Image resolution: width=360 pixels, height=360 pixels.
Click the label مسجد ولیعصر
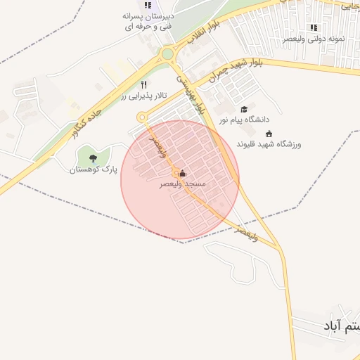click(x=182, y=184)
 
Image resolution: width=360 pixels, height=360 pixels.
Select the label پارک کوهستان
click(x=93, y=169)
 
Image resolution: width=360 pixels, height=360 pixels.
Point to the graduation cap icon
click(x=244, y=109)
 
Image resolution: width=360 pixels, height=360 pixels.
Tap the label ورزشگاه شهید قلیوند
click(x=269, y=143)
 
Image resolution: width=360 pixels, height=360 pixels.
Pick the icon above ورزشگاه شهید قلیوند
click(x=269, y=134)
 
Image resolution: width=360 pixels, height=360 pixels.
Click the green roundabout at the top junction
click(x=167, y=54)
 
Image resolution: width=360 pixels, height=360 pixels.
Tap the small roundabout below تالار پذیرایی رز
click(x=142, y=117)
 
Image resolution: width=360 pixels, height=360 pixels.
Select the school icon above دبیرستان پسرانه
click(x=148, y=5)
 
